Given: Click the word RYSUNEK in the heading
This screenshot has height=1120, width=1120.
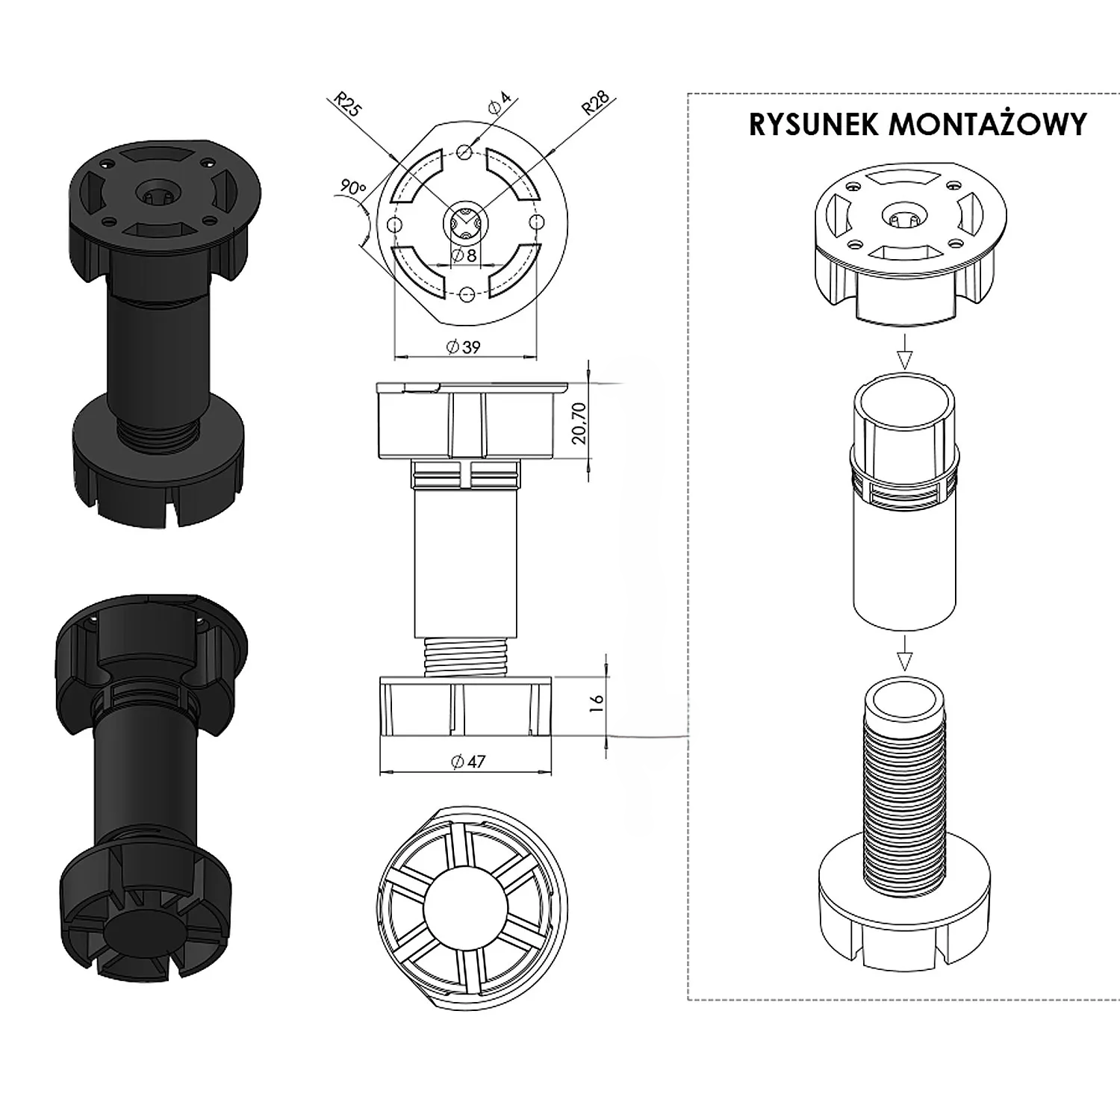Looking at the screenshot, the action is pos(815,125).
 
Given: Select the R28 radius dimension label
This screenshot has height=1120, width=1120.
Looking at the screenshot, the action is pos(595,103).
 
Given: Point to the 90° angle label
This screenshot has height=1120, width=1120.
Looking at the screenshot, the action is pos(351,187).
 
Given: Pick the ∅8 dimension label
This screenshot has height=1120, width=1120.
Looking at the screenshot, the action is pos(464,256).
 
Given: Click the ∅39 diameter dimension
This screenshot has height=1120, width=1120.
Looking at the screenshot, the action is pos(464,346).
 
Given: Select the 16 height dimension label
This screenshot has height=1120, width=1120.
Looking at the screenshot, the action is pos(597,704).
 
